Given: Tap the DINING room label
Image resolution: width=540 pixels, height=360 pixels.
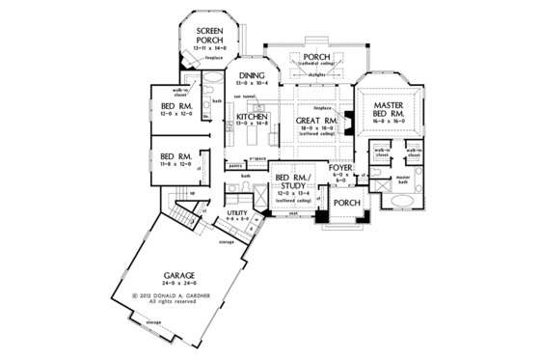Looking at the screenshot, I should coord(252,75).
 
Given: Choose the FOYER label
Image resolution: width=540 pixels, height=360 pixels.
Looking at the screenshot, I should coord(339,168).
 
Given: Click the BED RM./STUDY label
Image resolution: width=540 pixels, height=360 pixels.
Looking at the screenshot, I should coord(292,184).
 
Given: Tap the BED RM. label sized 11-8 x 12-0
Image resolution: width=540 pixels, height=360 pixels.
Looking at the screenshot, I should coord(175,154).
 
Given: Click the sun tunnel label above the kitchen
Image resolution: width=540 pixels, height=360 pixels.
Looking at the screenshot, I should coord(237,99).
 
